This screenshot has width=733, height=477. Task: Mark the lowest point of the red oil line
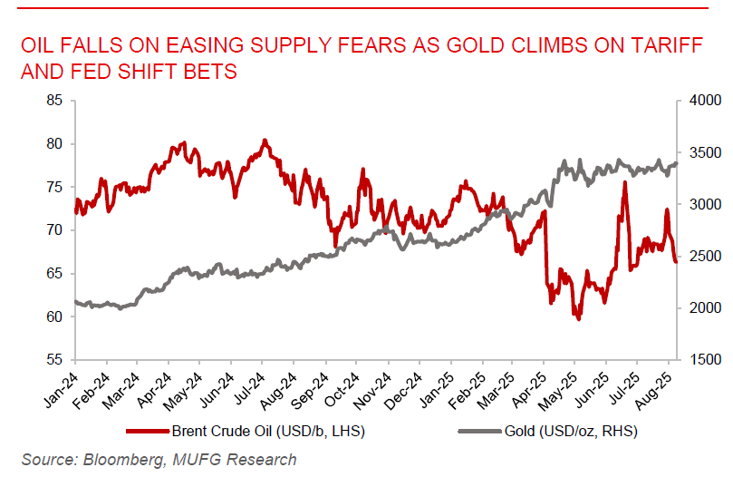click(x=577, y=319)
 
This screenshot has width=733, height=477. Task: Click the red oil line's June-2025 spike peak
click(x=624, y=182)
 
